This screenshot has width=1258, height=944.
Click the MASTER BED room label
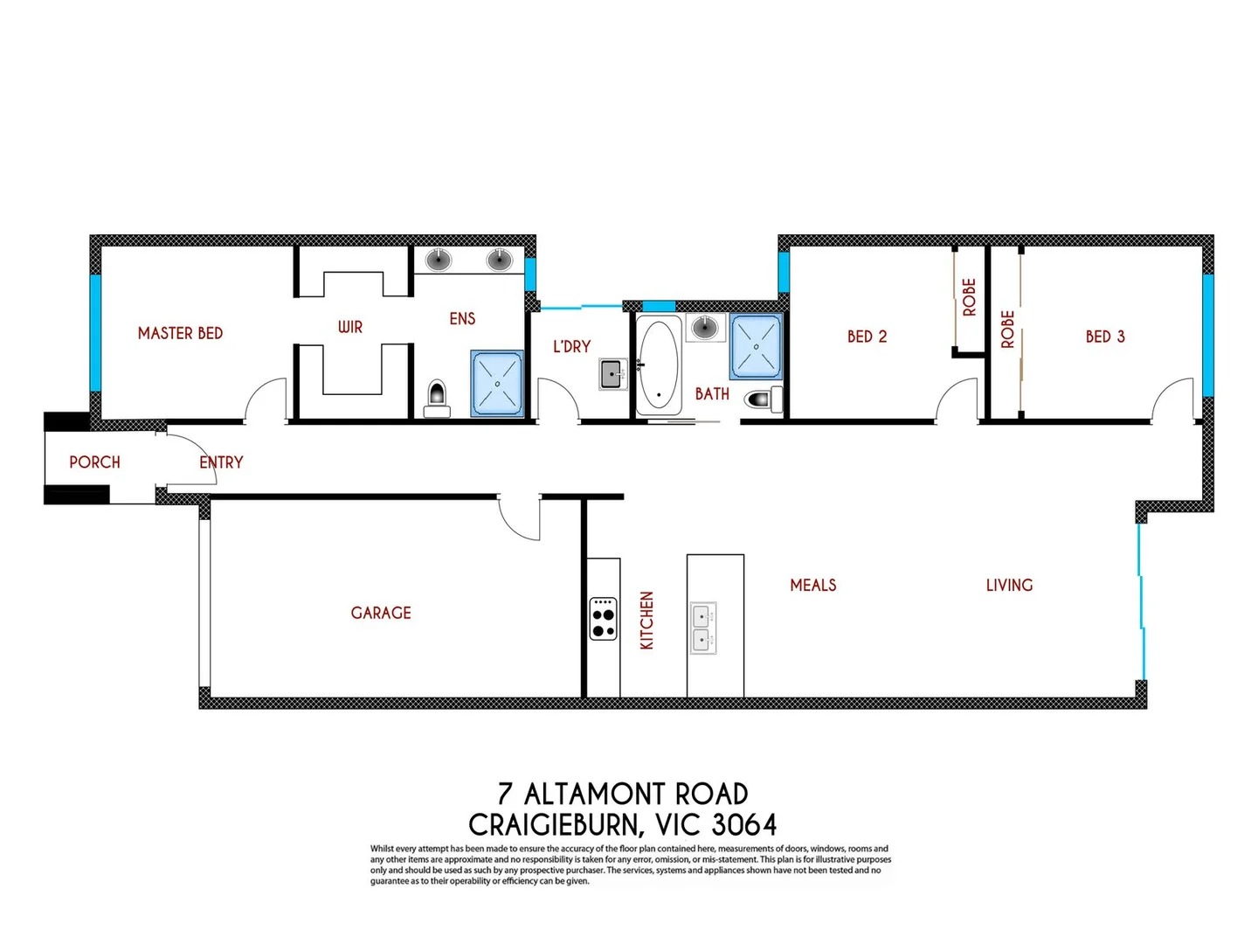click(x=180, y=333)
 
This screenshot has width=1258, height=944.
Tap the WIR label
click(x=349, y=327)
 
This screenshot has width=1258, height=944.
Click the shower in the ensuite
click(x=497, y=383)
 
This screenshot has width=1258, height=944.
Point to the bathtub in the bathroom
click(x=659, y=365)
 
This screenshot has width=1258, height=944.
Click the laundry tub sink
click(x=612, y=374)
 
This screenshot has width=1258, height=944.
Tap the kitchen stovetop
click(x=603, y=619)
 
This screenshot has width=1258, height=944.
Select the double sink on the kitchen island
click(x=703, y=628)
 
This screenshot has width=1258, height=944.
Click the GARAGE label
click(x=381, y=613)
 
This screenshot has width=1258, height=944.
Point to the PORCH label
click(x=94, y=462)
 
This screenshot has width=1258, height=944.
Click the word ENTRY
click(x=221, y=462)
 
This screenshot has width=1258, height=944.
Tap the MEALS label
click(x=812, y=585)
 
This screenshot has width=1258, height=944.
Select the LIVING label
click(x=1009, y=585)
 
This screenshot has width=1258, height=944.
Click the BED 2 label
click(x=867, y=337)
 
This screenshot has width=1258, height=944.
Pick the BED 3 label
click(x=1105, y=337)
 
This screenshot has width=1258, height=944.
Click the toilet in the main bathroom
click(x=762, y=399)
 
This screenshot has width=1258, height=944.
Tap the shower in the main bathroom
click(x=756, y=346)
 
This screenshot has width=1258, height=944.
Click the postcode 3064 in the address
click(x=743, y=824)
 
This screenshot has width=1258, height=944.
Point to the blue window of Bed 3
click(x=1207, y=336)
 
